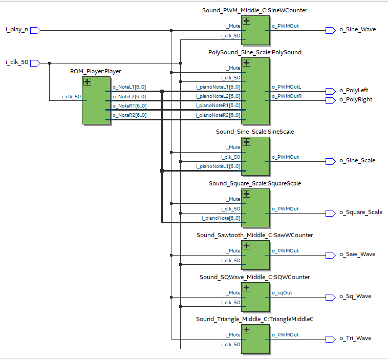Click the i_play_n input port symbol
[x=35, y=30]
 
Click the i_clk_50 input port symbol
[x=35, y=62]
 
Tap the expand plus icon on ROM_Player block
[x=87, y=82]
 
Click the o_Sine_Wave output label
[x=357, y=30]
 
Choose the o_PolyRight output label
[x=356, y=100]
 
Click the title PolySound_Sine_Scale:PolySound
[x=254, y=52]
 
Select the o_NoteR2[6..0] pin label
[x=129, y=115]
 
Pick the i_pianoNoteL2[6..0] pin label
[x=218, y=96]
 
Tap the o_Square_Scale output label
[x=361, y=213]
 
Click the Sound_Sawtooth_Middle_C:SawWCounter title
[x=254, y=235]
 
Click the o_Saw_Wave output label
[x=357, y=255]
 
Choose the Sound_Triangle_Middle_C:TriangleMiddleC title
[x=254, y=319]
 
